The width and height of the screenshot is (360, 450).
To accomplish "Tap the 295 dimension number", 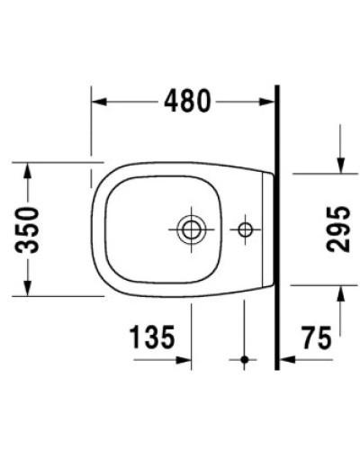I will (337, 229).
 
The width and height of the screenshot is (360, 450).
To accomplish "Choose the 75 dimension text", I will (315, 339).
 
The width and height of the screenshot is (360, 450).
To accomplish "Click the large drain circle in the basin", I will (191, 229).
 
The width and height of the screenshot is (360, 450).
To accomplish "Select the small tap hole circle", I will (244, 229).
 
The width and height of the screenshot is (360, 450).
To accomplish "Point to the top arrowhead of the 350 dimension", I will (28, 170).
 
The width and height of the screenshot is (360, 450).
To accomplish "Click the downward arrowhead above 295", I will (340, 166).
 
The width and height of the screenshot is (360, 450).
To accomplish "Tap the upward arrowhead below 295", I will (340, 292).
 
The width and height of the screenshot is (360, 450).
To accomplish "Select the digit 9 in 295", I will (337, 229).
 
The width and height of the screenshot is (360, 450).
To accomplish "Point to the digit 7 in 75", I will (306, 339).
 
